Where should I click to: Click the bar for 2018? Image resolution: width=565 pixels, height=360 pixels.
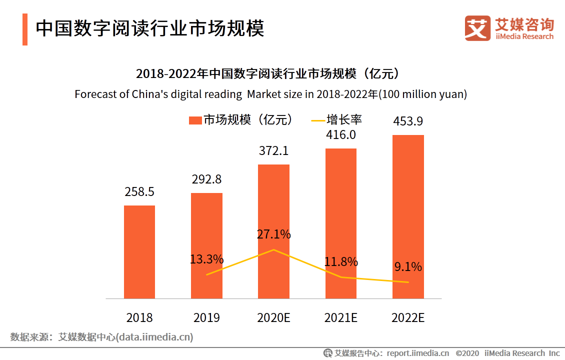139,252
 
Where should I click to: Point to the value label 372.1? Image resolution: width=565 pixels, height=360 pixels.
273,151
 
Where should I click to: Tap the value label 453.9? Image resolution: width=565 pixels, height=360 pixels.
408,121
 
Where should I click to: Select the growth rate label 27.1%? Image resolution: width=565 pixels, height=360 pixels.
274,234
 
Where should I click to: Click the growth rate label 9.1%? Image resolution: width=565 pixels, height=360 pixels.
408,267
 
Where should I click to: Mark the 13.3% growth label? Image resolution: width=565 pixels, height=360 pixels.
206,259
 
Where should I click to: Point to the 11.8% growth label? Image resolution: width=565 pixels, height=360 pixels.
341,261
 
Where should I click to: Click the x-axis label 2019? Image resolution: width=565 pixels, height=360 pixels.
206,317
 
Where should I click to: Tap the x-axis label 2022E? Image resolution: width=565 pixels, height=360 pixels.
408,317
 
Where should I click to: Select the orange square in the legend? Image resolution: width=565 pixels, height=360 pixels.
194,120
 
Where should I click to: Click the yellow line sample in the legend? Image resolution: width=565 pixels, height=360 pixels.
317,120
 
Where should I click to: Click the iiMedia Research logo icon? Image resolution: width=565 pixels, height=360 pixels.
477,28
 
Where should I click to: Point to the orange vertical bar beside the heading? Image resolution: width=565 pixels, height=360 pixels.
25,29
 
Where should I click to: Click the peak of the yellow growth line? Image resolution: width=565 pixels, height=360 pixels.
274,249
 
